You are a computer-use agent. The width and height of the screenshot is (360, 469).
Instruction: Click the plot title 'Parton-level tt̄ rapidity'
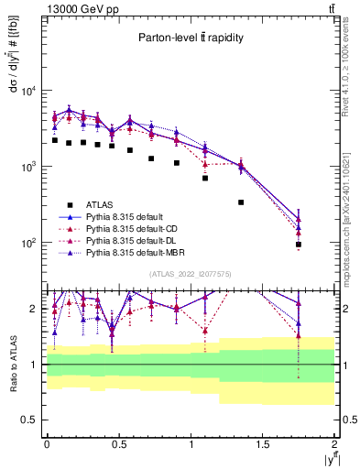(191, 38)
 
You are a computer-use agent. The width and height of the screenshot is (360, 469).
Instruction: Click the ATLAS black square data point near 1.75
(299, 245)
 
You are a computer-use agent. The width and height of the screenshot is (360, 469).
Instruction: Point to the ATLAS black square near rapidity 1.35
(241, 202)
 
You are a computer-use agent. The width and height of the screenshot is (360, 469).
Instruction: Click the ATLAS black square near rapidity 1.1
(205, 178)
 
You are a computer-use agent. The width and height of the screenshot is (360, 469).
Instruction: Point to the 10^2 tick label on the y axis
(30, 244)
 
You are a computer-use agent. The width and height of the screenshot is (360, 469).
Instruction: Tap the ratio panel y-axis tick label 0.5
(30, 420)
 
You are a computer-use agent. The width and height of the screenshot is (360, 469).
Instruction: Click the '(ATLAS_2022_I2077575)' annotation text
(191, 273)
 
